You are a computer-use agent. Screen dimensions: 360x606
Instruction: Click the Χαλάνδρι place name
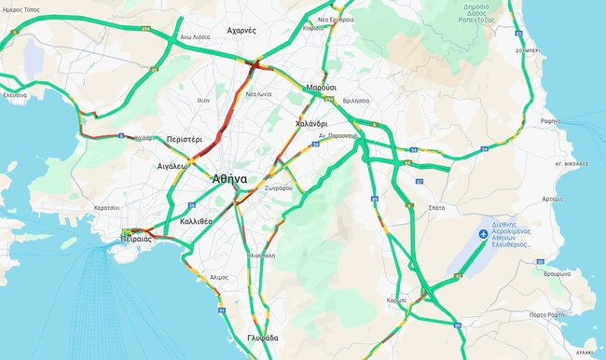310,123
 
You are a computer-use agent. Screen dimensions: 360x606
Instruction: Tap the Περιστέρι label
186,139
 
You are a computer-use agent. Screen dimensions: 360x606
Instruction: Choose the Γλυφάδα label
265,339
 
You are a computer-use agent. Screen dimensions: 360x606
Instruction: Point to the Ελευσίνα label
15,95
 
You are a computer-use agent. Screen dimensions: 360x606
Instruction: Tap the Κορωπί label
396,300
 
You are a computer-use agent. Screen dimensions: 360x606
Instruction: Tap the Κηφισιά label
315,29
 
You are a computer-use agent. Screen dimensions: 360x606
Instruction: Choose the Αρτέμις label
552,199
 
